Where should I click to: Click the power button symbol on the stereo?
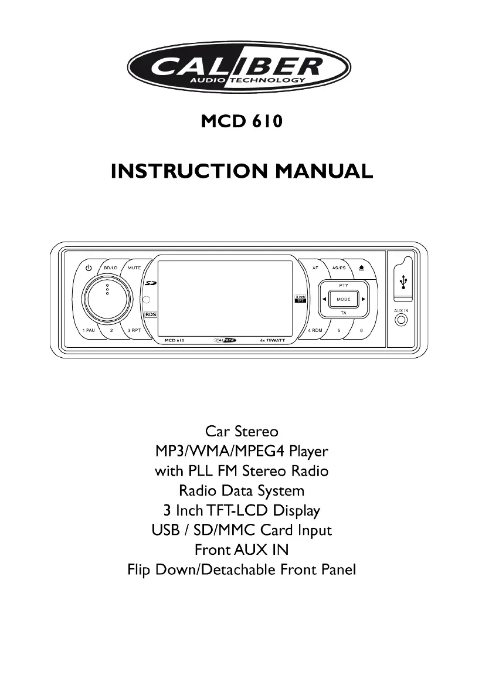[89, 268]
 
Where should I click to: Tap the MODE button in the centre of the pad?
[343, 299]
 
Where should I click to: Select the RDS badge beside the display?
[151, 314]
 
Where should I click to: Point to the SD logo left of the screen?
[150, 284]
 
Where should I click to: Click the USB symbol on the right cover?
[402, 282]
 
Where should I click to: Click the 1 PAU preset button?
[89, 330]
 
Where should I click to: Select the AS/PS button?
[339, 268]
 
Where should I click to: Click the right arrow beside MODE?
[364, 299]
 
